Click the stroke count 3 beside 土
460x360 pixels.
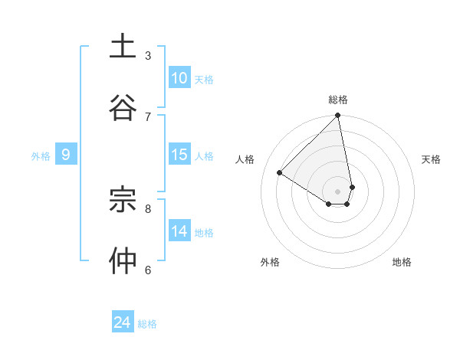(148, 56)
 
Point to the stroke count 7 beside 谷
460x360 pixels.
(148, 116)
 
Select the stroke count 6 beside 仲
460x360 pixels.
(148, 270)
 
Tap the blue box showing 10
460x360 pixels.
(179, 78)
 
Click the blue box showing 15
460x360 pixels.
(179, 155)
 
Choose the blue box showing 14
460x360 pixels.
(179, 231)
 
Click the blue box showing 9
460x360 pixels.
(66, 155)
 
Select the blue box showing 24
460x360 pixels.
(123, 322)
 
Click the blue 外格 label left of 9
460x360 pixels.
(41, 156)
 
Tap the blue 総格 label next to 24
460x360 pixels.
(147, 324)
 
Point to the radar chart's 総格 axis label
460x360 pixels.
(338, 100)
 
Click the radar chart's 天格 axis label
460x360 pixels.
(432, 159)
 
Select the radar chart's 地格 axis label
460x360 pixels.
(402, 262)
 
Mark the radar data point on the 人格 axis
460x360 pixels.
(280, 173)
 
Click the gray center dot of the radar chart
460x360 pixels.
(337, 191)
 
